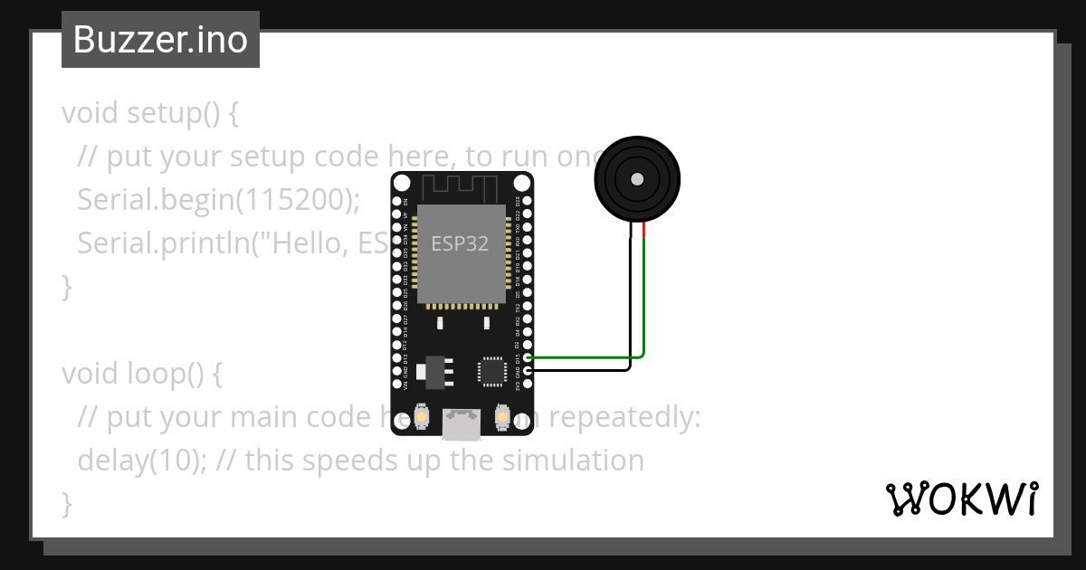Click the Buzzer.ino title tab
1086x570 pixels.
click(160, 40)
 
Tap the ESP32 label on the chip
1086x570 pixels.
click(460, 243)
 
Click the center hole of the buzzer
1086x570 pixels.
click(637, 178)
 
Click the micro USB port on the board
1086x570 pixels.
click(462, 422)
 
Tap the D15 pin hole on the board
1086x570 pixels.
click(528, 358)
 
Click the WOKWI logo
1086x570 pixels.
click(960, 499)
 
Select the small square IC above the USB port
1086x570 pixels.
click(492, 370)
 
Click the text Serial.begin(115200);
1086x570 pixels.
click(218, 200)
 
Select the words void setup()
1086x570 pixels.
click(140, 114)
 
